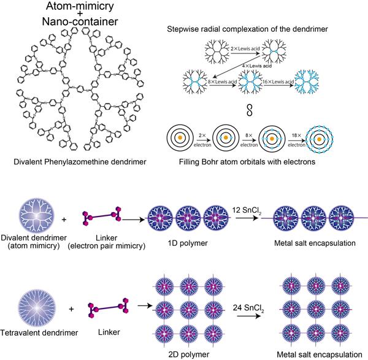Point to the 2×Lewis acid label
(x=247, y=47)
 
